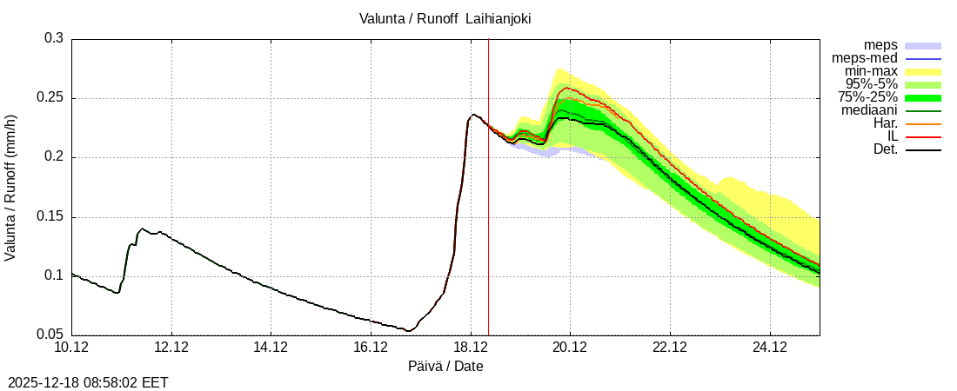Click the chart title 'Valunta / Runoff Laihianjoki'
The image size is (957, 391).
tap(445, 18)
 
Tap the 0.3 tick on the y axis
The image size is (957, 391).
tap(55, 39)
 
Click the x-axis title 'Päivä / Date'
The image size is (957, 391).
tap(445, 367)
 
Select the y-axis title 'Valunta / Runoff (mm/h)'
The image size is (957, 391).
tap(11, 187)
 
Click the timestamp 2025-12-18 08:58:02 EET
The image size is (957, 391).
tap(88, 382)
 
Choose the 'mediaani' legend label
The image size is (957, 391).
tap(869, 110)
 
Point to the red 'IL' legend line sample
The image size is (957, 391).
tap(923, 137)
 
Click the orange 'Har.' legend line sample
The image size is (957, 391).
tap(923, 124)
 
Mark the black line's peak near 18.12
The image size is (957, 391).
tap(473, 114)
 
